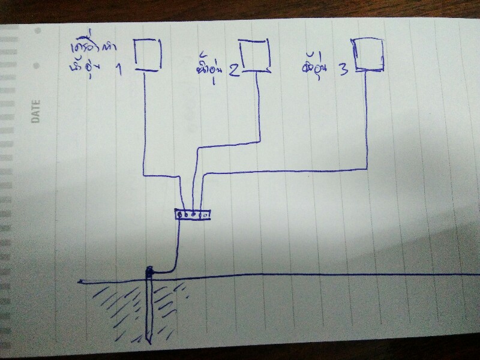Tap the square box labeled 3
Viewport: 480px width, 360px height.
[x=367, y=55]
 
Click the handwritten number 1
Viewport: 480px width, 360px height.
[x=117, y=70]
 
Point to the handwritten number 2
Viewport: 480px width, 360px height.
[x=234, y=71]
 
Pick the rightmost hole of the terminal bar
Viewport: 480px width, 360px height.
[x=205, y=214]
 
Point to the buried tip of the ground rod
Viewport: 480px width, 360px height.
[x=148, y=340]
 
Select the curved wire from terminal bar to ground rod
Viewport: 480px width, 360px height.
[x=175, y=252]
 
